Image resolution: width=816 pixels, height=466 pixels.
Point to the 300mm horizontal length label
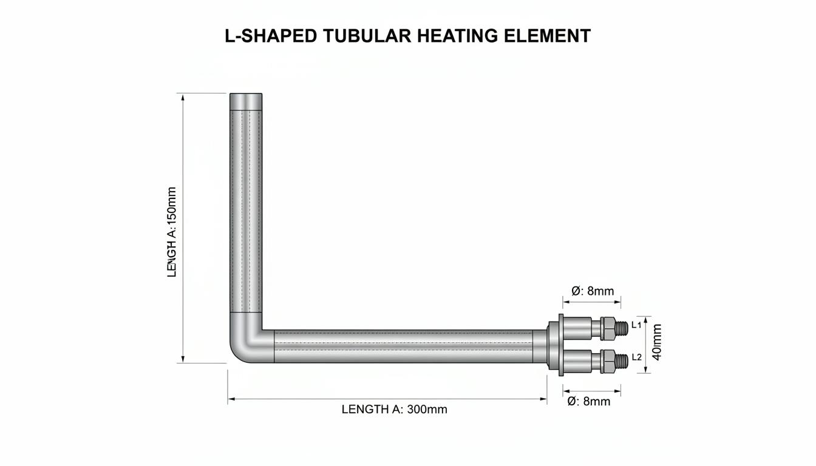coord(394,410)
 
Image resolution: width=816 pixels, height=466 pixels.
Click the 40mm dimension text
coord(656,342)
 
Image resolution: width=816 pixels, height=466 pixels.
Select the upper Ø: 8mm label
coord(593,291)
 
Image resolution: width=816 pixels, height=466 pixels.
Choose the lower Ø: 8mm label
coord(589,401)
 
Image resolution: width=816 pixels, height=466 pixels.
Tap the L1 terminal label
coord(636,325)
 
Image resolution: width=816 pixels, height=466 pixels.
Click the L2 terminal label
coord(636,357)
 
